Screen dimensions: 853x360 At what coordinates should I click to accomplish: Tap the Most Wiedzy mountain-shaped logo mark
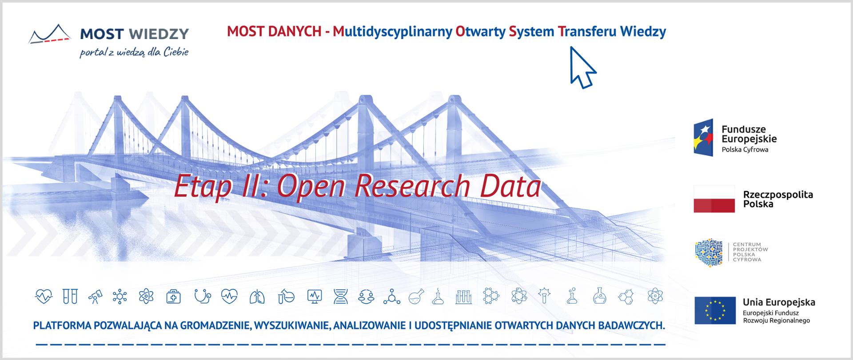tap(50, 34)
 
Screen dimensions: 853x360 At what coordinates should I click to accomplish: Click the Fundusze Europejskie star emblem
tap(703, 137)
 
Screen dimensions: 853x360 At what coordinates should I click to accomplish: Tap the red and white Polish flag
tap(714, 199)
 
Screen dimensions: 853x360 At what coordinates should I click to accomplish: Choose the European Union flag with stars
tap(715, 310)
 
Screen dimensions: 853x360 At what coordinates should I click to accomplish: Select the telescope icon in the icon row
tap(94, 296)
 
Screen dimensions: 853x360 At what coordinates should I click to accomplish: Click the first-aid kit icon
tap(173, 296)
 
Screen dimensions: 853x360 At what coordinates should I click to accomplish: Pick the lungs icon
tap(257, 296)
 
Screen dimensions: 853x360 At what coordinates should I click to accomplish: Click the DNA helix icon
tap(341, 296)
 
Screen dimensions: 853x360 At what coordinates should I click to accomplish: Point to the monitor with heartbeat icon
tap(314, 296)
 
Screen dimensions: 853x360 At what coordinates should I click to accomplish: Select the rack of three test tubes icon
tap(463, 296)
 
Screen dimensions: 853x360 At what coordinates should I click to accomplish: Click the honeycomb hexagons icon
tap(626, 296)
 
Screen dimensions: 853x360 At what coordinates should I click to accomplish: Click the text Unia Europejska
tap(779, 302)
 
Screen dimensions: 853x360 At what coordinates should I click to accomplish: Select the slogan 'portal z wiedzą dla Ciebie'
tap(134, 52)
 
